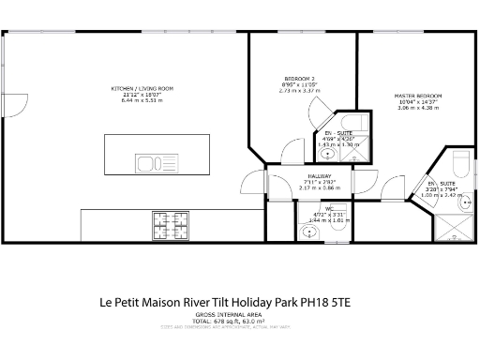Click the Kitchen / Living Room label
click(x=142, y=89)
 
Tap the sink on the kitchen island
click(x=146, y=165)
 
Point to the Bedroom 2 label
click(x=299, y=78)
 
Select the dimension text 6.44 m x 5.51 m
click(x=142, y=100)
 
